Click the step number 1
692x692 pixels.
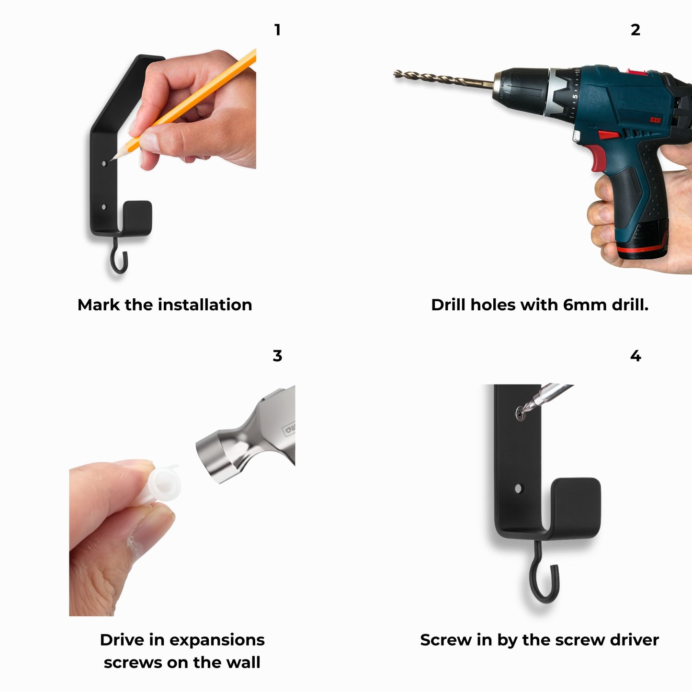(x=277, y=30)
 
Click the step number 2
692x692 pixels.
(x=635, y=30)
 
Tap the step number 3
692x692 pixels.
(x=277, y=356)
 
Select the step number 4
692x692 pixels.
(x=635, y=356)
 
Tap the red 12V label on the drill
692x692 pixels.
(x=656, y=120)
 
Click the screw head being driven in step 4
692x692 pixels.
(x=521, y=413)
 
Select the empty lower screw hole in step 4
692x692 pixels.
(x=518, y=488)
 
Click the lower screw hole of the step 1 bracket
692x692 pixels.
(x=104, y=207)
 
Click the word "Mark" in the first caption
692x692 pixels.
(x=99, y=305)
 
